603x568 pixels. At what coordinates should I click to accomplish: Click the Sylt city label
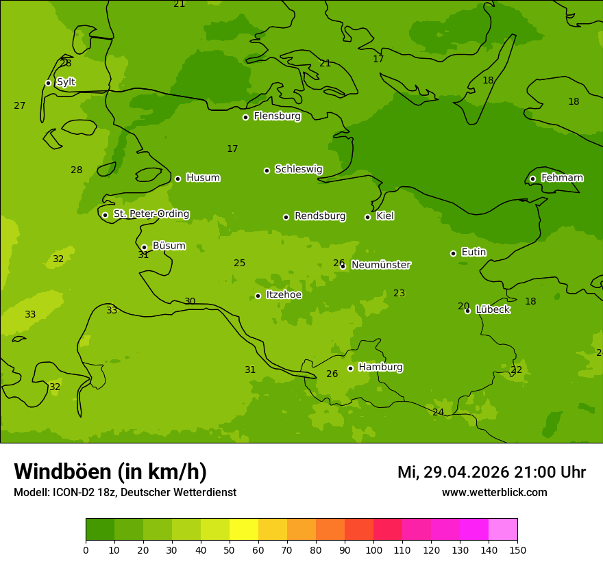[x=66, y=82]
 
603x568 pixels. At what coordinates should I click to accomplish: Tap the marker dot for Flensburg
[x=245, y=117]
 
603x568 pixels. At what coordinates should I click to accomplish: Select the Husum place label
[x=203, y=178]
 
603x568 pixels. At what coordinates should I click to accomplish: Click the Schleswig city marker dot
[x=267, y=170]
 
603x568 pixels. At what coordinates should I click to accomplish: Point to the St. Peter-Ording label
[x=151, y=214]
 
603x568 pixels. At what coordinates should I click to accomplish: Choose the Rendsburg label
[x=320, y=216]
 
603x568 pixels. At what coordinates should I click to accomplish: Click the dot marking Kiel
[x=367, y=217]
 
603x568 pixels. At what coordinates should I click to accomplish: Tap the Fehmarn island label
[x=562, y=178]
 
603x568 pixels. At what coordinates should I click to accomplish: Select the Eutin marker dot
[x=453, y=253]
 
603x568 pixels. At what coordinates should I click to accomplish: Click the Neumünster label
[x=381, y=265]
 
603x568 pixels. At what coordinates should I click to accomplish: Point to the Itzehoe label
[x=284, y=295]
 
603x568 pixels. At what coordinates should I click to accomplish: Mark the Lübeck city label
[x=493, y=309]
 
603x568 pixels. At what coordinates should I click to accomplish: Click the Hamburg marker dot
[x=350, y=368]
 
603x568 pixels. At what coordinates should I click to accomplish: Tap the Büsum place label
[x=169, y=246]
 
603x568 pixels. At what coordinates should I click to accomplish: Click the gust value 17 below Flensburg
[x=232, y=149]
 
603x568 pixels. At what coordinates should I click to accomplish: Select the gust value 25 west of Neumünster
[x=239, y=263]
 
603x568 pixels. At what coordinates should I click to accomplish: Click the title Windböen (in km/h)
[x=110, y=472]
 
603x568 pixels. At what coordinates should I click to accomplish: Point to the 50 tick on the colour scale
[x=230, y=550]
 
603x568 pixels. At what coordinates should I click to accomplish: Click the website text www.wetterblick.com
[x=494, y=492]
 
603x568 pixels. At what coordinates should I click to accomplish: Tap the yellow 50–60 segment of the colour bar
[x=244, y=529]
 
